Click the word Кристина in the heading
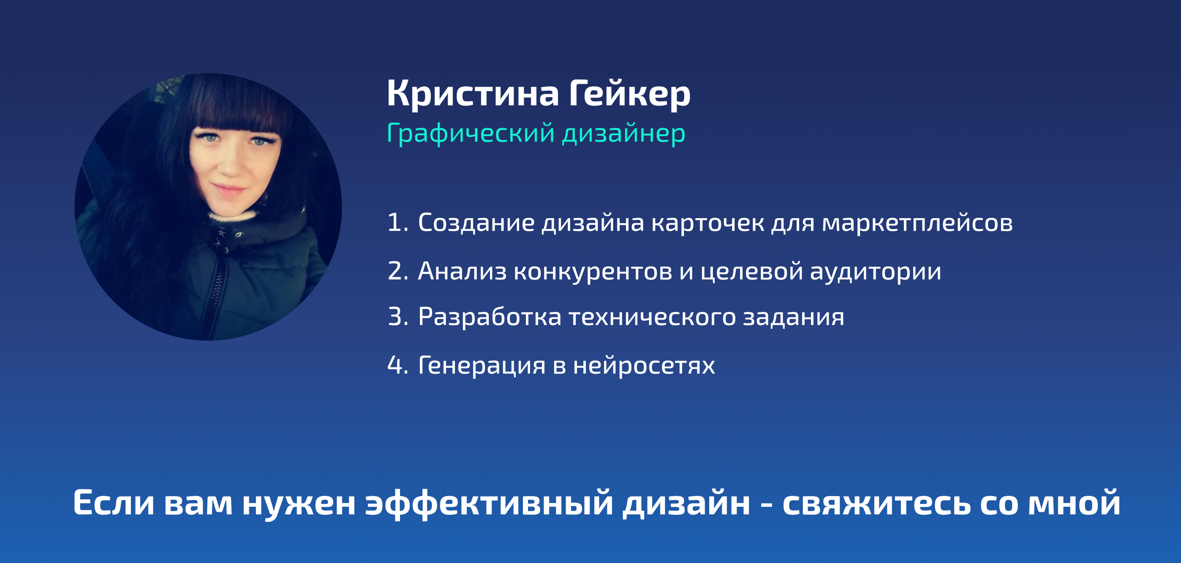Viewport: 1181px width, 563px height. coord(473,93)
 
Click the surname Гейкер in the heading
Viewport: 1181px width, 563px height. coord(630,93)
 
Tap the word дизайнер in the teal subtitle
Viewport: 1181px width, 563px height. coord(624,134)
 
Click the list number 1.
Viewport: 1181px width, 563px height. coord(397,223)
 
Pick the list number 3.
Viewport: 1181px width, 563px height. coord(397,317)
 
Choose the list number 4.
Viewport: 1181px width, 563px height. coord(397,365)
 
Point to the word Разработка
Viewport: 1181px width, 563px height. coord(490,317)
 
